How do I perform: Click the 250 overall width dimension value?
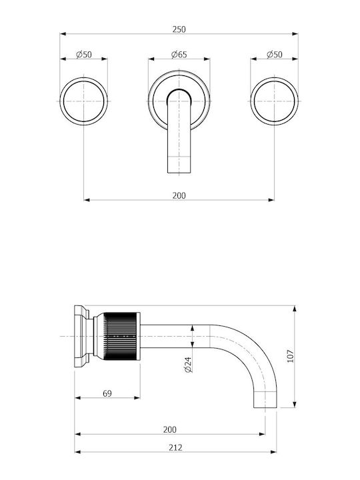(179, 29)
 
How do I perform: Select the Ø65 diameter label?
(179, 55)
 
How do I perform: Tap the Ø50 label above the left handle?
(84, 55)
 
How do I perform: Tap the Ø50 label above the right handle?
(274, 55)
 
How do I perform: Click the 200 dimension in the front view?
(179, 195)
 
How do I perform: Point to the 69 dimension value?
(107, 393)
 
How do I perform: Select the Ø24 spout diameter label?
(188, 365)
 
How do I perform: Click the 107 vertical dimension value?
(290, 356)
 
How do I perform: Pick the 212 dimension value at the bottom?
(175, 447)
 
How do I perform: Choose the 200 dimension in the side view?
(169, 429)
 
